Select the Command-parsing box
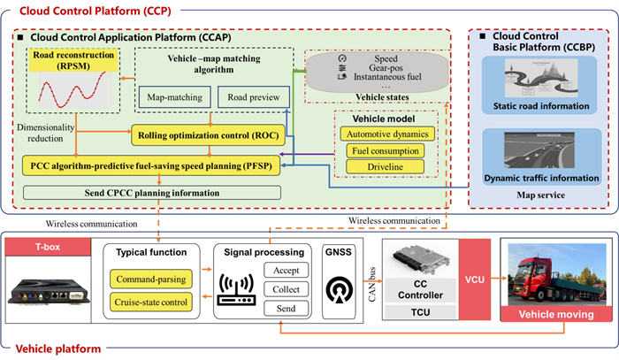[152, 280]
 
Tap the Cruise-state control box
[152, 304]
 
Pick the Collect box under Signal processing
[287, 290]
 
